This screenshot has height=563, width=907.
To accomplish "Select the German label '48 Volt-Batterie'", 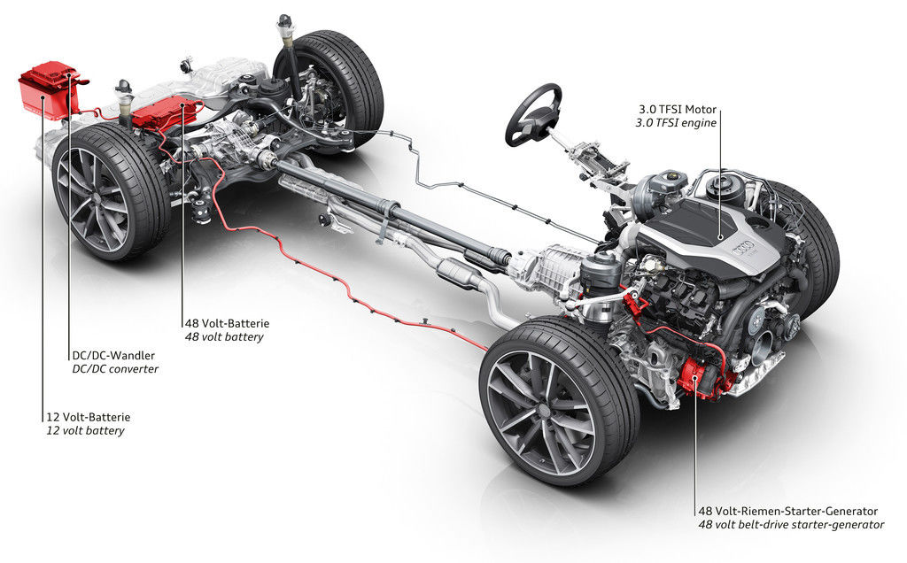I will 226,323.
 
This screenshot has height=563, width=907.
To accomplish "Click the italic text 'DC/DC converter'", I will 114,368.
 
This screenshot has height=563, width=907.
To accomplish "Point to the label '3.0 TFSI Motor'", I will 676,110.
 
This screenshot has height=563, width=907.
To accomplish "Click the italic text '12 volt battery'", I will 85,430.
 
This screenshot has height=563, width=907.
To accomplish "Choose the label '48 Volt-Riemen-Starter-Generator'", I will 787,511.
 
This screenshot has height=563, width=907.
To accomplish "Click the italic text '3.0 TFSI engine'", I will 676,124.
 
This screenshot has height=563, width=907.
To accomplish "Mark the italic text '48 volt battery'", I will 223,337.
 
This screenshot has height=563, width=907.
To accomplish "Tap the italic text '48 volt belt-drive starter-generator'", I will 790,525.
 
